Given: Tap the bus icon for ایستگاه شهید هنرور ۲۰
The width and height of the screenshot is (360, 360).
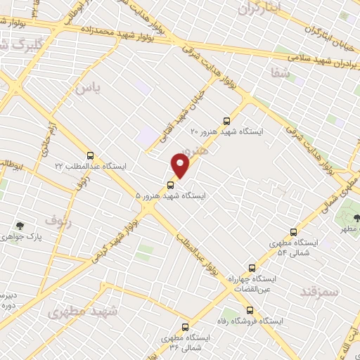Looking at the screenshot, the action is pos(226,120).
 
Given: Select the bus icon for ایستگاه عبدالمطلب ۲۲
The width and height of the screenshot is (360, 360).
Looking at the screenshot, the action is pos(90,155).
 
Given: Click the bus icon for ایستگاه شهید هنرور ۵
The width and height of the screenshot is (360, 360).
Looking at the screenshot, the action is pos(170,185).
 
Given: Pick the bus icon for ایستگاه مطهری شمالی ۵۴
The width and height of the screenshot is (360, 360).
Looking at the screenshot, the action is pos(294,232).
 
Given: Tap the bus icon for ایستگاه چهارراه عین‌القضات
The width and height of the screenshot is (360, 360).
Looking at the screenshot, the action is pos(252,268).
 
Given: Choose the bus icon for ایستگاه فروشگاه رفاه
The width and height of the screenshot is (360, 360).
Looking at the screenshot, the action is pos(250,310).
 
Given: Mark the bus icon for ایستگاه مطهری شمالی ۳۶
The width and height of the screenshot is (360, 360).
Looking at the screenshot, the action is pos(186,327).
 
